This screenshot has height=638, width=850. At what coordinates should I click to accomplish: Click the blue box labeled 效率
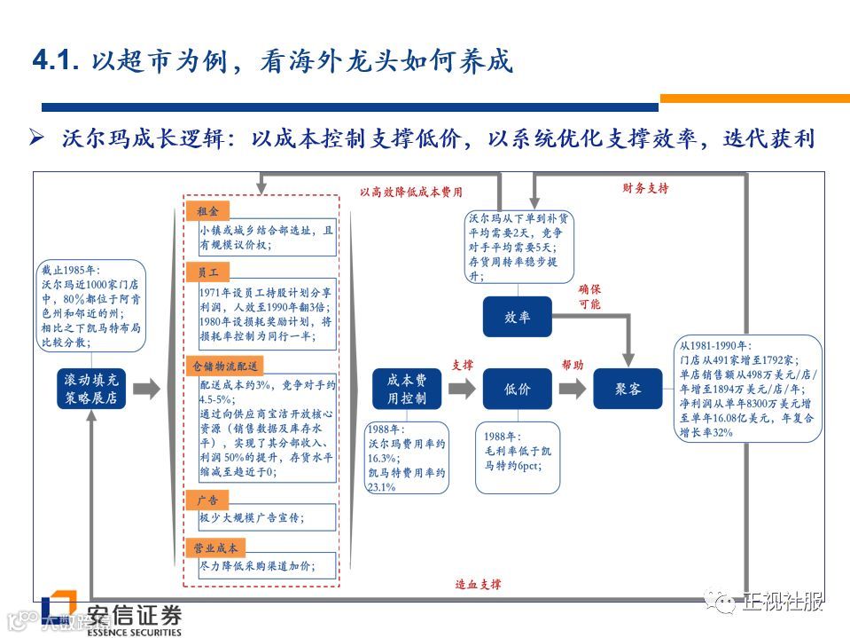pos(517,317)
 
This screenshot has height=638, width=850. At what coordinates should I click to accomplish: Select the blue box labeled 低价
pos(517,389)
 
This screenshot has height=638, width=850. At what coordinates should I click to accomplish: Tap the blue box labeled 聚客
pos(628,389)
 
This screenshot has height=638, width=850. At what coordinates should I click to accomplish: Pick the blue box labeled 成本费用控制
pos(407,389)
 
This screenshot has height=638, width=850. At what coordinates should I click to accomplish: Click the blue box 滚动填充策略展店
pos(90,389)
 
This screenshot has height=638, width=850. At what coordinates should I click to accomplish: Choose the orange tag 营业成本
pos(216,547)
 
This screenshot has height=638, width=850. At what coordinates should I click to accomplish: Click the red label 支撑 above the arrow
pos(462,365)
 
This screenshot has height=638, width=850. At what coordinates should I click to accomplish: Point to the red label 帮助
pos(572,365)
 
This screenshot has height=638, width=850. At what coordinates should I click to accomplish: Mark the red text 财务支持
pos(645,188)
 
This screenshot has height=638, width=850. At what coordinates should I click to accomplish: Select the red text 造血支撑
pos(478,584)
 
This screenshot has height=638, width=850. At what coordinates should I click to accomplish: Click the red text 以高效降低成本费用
pos(410,191)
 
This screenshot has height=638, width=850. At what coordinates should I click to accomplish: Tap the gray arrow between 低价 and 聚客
pos(572,389)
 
